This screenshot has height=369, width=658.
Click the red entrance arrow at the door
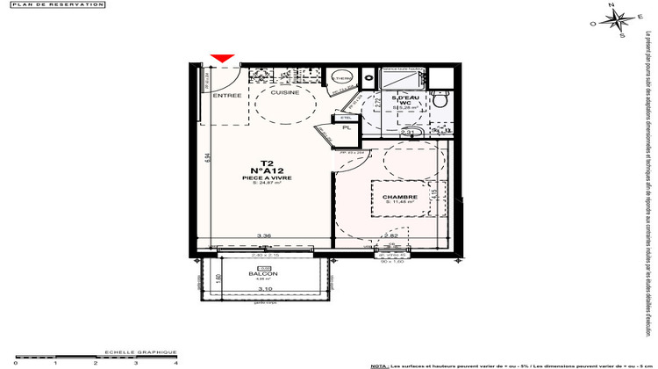(x=224, y=59)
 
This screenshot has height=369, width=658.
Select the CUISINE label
(x=284, y=92)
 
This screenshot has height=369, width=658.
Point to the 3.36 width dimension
(x=261, y=235)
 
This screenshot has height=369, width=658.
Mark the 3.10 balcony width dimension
(x=265, y=289)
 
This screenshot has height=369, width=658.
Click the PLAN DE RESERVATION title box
(x=54, y=4)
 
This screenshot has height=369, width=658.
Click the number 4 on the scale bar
(x=176, y=362)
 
